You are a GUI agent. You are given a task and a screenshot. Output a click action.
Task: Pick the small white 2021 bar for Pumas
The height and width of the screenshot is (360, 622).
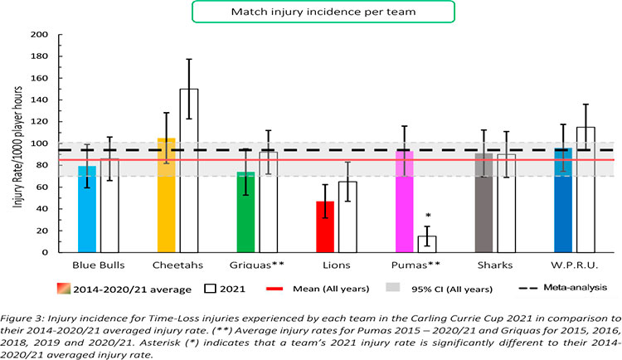pos(427,244)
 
